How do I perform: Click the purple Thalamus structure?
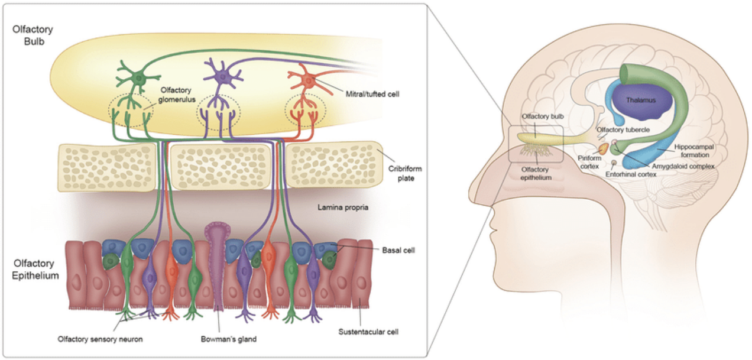(644, 101)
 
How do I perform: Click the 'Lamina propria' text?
(339, 207)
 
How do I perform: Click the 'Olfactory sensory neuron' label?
(100, 339)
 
